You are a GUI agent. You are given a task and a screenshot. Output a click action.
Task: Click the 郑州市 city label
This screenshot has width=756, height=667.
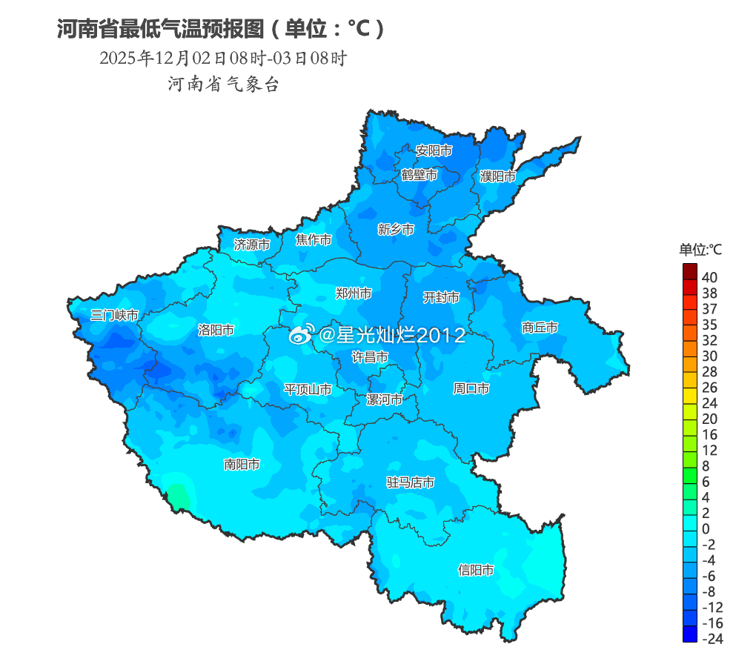point(354,293)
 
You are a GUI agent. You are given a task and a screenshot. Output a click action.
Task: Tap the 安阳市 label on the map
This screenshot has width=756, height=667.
point(434,150)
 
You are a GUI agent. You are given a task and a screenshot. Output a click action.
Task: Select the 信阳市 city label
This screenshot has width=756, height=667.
point(476,570)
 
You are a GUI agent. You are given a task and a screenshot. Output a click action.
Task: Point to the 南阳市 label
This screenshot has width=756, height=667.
point(242,465)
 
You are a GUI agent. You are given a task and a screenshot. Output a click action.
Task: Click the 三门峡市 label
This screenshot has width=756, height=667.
point(115,315)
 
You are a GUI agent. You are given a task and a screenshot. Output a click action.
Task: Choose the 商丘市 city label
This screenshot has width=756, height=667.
point(540,327)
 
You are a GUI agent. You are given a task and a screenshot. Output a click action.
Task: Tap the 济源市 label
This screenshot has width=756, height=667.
point(252,244)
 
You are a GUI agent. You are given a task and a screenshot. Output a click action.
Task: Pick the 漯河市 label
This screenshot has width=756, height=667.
point(385,399)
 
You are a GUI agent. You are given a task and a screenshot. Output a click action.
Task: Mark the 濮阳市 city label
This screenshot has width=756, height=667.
point(498,176)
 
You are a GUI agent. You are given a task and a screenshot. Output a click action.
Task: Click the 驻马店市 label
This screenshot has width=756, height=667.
point(411,482)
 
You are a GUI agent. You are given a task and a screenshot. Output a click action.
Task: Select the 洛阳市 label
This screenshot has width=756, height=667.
point(216,330)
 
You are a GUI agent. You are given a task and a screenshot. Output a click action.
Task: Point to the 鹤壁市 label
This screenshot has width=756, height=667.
point(420,175)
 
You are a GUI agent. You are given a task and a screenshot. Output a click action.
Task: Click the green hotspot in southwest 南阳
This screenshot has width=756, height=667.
point(178,496)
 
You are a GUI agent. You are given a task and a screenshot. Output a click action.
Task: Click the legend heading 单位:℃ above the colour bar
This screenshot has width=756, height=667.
point(700,250)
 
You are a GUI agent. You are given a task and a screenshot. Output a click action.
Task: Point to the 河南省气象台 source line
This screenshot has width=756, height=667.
point(223,84)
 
